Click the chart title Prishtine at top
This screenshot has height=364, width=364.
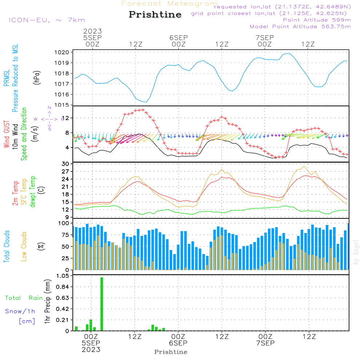pos(155,15)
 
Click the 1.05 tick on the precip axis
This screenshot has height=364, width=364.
pos(62,276)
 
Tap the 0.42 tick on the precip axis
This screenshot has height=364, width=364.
pos(62,309)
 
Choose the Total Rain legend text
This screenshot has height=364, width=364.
pos(24,298)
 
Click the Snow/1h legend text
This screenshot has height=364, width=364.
pos(20,311)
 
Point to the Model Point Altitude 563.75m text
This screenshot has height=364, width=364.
pos(300,27)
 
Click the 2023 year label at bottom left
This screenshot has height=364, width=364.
pos(91,349)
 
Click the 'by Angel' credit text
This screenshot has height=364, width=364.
pos(356,252)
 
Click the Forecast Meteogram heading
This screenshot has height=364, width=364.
pos(170,4)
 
